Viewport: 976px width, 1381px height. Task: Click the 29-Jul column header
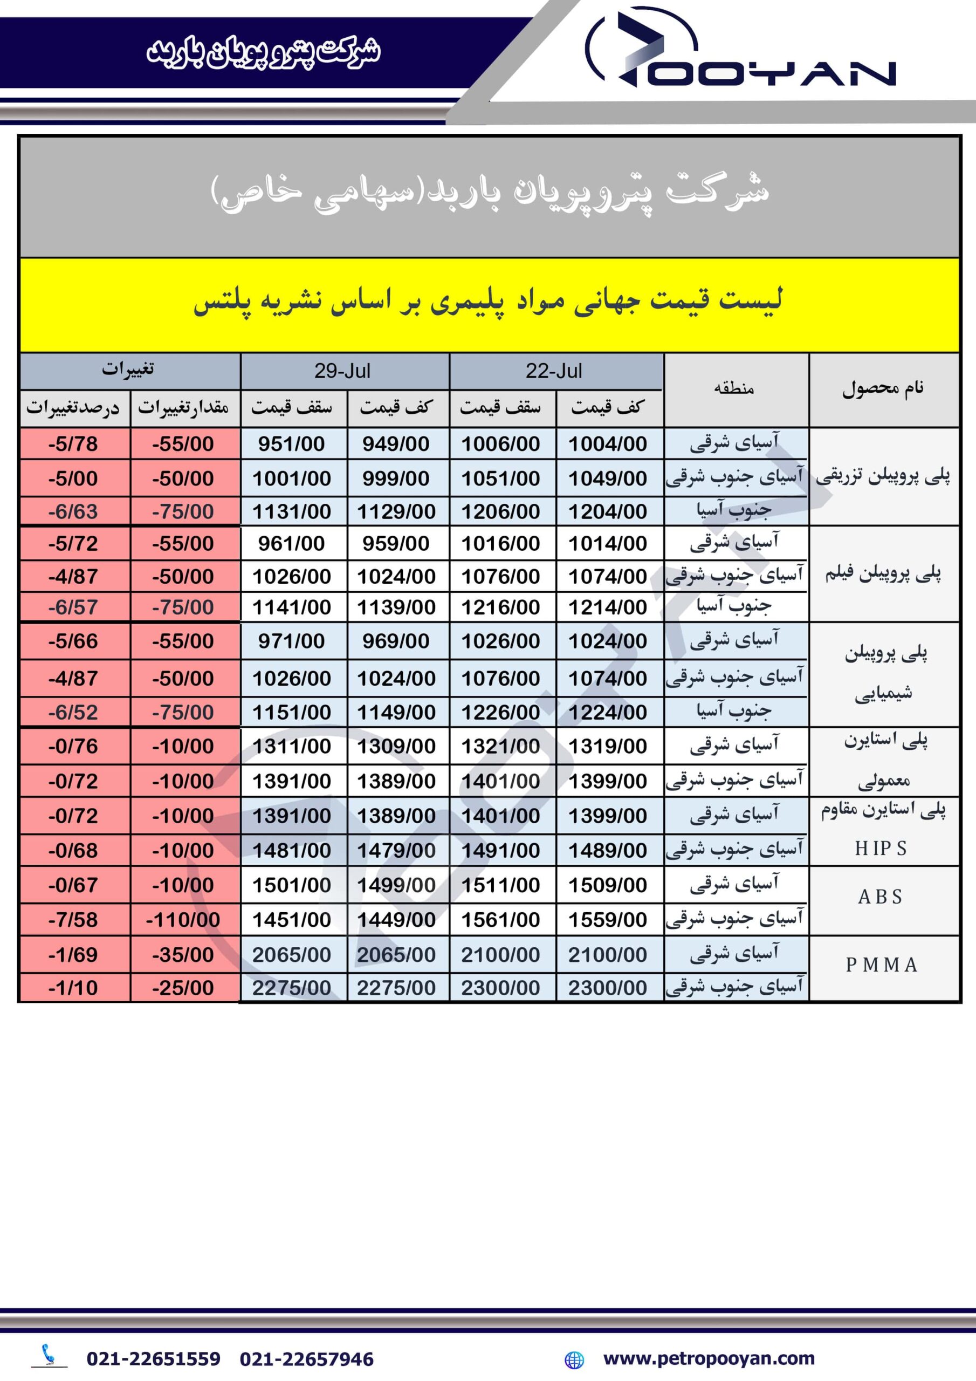point(342,371)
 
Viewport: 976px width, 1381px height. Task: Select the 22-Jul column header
point(554,371)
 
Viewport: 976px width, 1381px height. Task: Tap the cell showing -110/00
point(183,920)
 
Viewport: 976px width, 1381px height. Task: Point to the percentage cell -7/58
point(73,920)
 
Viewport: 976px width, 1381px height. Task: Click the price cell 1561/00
point(500,920)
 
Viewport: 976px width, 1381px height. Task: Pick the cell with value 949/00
point(396,444)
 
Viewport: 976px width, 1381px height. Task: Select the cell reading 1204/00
point(607,511)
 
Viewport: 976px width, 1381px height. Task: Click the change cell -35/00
point(183,954)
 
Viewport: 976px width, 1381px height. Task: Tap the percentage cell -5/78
point(73,444)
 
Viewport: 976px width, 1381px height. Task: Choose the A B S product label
point(881,897)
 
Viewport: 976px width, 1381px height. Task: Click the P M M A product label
point(882,965)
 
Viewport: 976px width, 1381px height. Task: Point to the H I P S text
point(881,848)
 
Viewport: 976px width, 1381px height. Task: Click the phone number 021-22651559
point(153,1359)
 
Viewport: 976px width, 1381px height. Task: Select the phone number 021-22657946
point(307,1359)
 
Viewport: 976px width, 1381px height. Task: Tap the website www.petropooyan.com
point(709,1358)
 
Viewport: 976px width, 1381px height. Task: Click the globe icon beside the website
point(574,1359)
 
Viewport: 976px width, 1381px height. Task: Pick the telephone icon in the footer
point(49,1355)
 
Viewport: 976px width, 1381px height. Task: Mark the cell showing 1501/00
point(291,885)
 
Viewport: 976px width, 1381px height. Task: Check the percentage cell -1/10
point(73,988)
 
